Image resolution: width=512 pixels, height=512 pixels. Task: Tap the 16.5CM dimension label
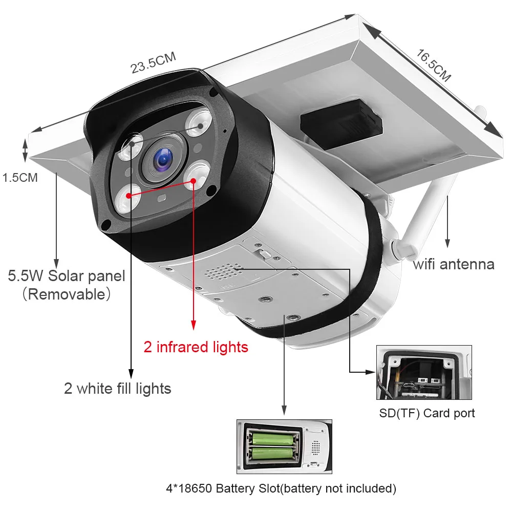[433, 66]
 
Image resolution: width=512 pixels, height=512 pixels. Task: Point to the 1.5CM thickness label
[20, 178]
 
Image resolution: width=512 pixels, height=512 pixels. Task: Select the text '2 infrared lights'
[196, 347]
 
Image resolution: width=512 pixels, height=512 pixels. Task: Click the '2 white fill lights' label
[117, 389]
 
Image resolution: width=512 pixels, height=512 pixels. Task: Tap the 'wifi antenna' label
[454, 264]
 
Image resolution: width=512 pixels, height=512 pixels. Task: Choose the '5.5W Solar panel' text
[66, 276]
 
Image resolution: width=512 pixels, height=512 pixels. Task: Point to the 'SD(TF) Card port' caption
[427, 413]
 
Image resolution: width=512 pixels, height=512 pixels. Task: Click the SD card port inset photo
[424, 372]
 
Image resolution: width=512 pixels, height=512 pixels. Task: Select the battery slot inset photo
[284, 446]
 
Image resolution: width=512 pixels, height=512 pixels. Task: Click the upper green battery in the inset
[271, 439]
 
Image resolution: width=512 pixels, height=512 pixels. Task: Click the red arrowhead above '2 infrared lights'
[194, 325]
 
